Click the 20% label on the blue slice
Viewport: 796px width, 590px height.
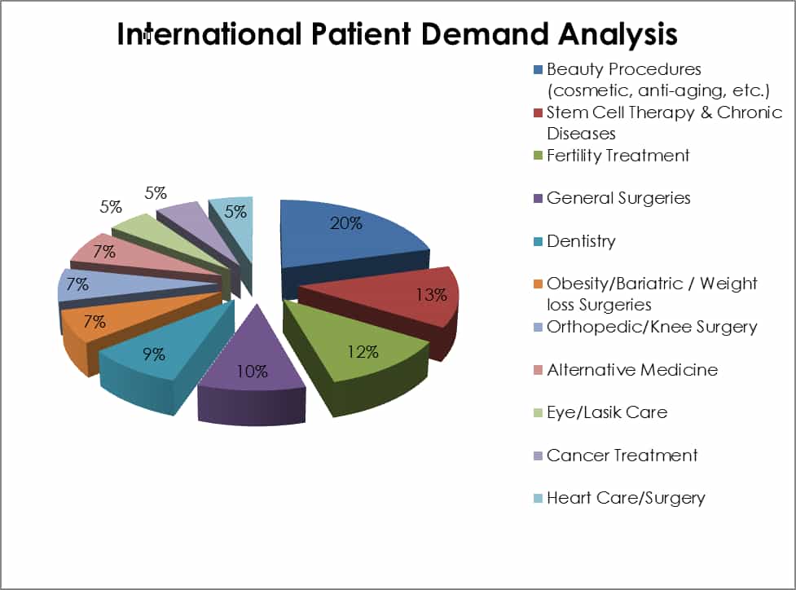coord(346,223)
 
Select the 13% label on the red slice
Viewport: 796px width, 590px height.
coord(432,294)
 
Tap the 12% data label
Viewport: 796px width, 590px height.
coord(363,352)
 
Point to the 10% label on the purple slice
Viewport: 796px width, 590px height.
coord(253,372)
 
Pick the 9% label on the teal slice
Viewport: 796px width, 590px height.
coord(154,354)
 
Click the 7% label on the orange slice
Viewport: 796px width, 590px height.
coord(95,321)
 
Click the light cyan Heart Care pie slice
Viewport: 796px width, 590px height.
coord(235,228)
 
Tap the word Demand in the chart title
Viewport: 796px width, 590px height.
coord(484,34)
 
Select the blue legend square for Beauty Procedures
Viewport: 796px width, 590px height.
coord(538,69)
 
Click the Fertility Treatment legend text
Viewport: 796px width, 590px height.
coord(618,155)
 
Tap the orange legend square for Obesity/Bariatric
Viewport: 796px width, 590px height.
coord(538,284)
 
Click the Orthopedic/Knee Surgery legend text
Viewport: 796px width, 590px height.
coord(652,327)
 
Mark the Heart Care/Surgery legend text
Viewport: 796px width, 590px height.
coord(626,498)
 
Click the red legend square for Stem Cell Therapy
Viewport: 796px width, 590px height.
coord(538,112)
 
